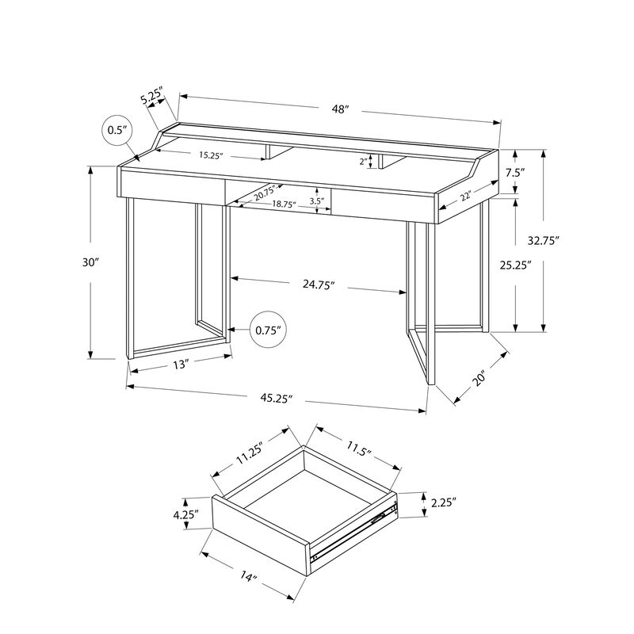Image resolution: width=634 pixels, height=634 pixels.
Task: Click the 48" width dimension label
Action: click(x=341, y=110)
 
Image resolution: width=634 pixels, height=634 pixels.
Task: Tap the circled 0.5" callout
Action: click(x=117, y=131)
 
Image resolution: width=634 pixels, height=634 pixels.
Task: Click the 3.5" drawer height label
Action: click(x=317, y=201)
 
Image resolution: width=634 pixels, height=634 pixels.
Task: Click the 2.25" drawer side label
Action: click(x=443, y=502)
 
